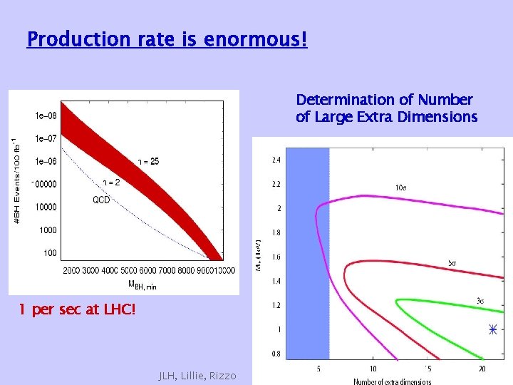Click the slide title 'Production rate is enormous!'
coord(167,38)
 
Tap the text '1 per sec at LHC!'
coord(76,310)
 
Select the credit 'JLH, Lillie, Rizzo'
coord(197,375)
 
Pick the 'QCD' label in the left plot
coord(101,200)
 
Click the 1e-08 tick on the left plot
coord(46,115)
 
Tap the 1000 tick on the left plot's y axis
coord(47,230)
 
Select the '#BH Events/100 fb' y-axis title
coord(18,183)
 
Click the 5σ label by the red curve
coord(452,264)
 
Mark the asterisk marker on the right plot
coord(492,329)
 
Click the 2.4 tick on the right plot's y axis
coord(276,160)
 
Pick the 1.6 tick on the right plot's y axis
coord(276,257)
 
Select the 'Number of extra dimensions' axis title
coord(393,381)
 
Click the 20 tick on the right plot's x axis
coord(482,369)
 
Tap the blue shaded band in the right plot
coord(308,250)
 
